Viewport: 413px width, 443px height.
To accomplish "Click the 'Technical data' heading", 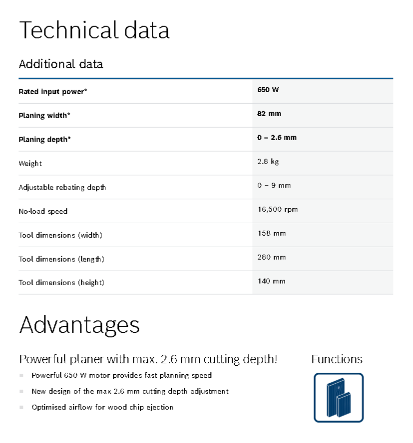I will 94,30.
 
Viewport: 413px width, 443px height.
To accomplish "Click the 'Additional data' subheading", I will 60,64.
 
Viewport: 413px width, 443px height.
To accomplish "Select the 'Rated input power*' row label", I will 53,92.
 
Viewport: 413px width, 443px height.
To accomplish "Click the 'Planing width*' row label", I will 44,116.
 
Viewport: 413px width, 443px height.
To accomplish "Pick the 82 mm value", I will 269,114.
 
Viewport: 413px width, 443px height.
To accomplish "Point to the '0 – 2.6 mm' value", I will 277,138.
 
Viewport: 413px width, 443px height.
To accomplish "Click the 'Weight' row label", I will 30,163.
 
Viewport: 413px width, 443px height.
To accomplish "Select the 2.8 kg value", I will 269,161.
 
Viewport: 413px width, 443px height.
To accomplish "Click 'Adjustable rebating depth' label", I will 62,187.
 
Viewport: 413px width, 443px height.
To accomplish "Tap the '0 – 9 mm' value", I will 274,185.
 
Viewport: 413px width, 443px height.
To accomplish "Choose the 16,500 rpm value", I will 277,209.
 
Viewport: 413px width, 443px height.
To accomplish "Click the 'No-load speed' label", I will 43,211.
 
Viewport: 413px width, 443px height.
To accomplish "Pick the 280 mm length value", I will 272,257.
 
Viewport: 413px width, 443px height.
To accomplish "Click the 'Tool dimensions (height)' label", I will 61,283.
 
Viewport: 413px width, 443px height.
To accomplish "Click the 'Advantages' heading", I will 79,324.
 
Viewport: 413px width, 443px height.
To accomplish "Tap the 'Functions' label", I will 337,359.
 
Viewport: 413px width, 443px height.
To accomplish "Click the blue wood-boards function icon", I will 339,398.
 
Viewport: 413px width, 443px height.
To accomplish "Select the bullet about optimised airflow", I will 102,407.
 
